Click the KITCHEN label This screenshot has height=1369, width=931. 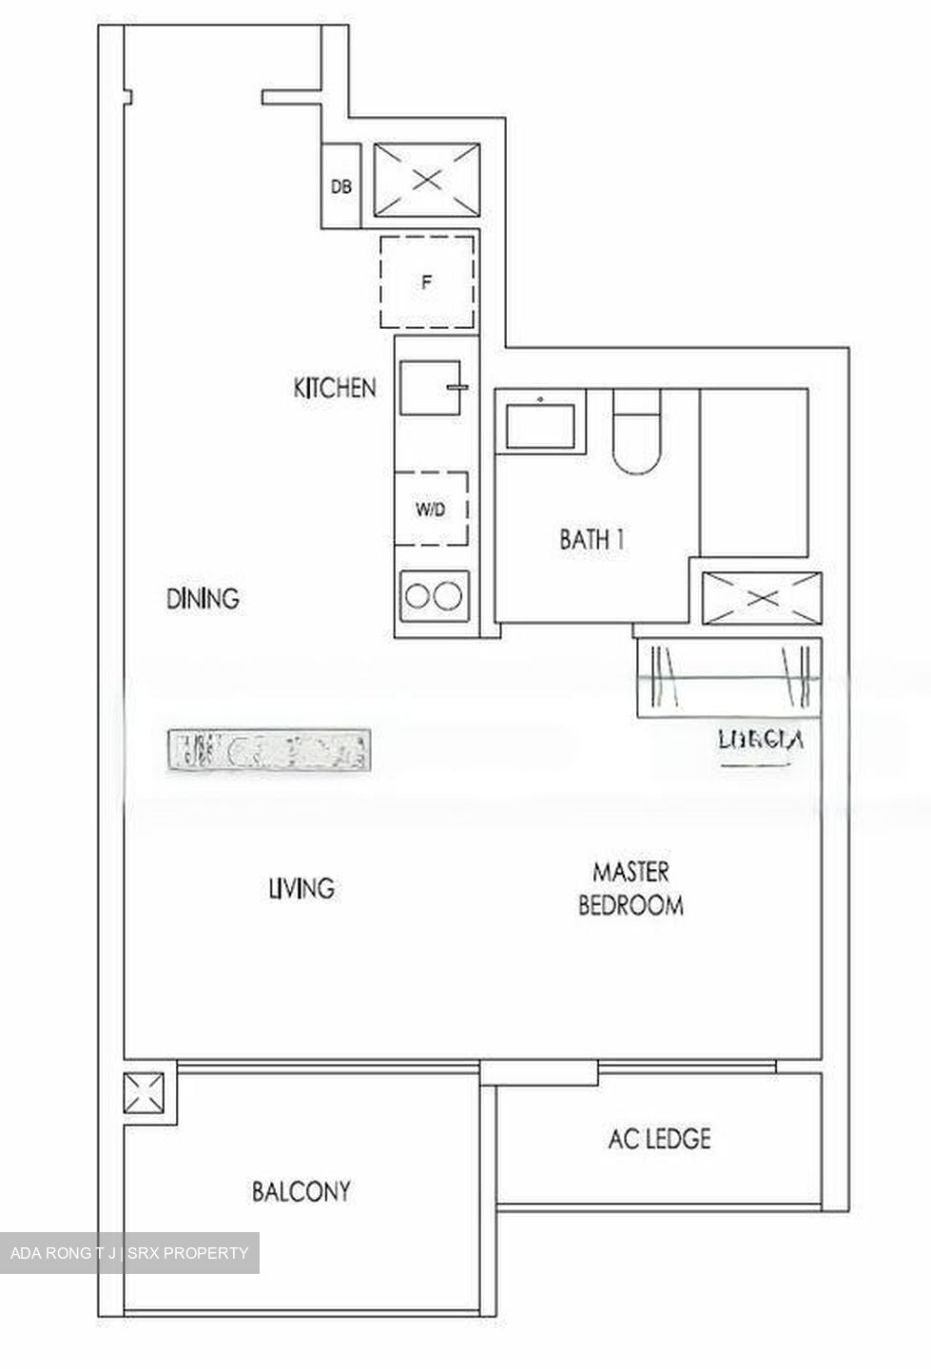(335, 388)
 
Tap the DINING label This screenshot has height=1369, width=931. (203, 599)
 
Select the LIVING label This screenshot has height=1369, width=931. (301, 888)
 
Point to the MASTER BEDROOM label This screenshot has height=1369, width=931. (630, 888)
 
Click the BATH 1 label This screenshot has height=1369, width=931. (592, 540)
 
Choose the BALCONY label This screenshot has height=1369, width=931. (301, 1191)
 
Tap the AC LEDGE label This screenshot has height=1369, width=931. (659, 1138)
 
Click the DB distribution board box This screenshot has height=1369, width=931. (340, 186)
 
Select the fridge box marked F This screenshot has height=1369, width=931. (427, 281)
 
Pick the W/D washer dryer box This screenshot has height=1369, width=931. (431, 509)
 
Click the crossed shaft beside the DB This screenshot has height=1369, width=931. (427, 179)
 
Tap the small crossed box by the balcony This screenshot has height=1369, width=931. (149, 1093)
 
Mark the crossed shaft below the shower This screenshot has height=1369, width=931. (760, 599)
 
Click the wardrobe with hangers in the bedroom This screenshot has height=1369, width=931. (727, 676)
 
